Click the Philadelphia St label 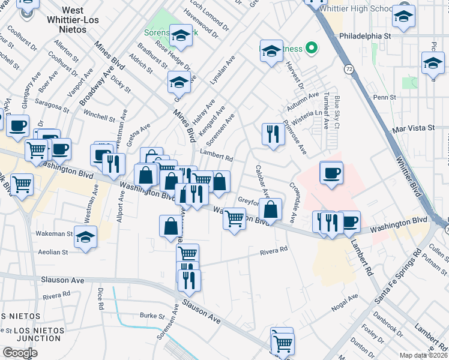(365, 35)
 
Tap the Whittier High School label (356, 9)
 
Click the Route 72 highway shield (349, 70)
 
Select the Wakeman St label (56, 235)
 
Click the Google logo (20, 353)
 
